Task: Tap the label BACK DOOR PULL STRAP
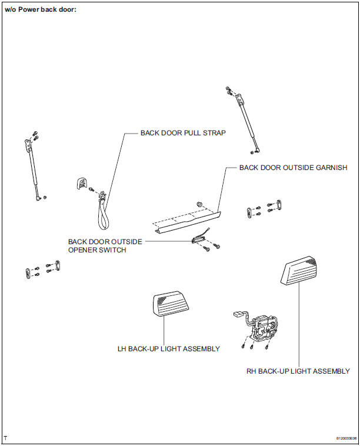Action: click(x=183, y=133)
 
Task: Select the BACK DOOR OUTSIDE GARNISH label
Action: click(x=293, y=168)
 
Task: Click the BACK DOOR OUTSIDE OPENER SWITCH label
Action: click(x=105, y=245)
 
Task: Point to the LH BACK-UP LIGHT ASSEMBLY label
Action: click(x=169, y=349)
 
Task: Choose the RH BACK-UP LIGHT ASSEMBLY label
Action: click(x=298, y=371)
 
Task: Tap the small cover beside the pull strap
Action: click(x=81, y=182)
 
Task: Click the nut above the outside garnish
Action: click(x=200, y=204)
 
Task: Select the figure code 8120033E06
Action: click(x=346, y=438)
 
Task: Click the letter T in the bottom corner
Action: click(x=5, y=438)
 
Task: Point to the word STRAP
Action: click(x=214, y=133)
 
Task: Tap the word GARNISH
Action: click(x=331, y=168)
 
